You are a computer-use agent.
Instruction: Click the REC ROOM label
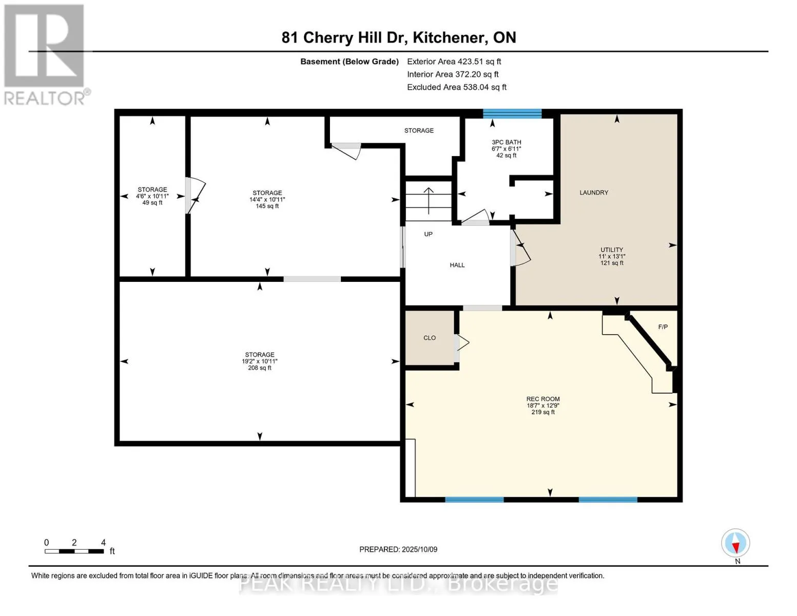(543, 399)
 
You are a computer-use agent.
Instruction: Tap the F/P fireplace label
(663, 327)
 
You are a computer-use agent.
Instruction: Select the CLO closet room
(430, 338)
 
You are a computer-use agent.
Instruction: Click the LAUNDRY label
(594, 192)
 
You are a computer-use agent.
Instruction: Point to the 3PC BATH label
(507, 142)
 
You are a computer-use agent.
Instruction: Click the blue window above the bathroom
(512, 113)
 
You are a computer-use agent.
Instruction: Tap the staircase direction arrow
(429, 201)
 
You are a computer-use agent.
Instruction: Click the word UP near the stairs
(429, 234)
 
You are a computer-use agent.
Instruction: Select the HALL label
(457, 265)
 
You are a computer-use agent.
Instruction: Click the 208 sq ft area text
(260, 368)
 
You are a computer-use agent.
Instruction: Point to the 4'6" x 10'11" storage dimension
(152, 196)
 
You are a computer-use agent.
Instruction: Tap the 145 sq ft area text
(267, 206)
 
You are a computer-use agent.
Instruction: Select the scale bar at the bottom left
(74, 551)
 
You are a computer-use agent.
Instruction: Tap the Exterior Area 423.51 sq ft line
(454, 62)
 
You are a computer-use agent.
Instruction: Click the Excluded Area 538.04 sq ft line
(457, 87)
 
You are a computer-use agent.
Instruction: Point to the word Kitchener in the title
(450, 38)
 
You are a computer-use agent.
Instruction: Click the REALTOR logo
(47, 55)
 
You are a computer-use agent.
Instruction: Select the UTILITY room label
(611, 250)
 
